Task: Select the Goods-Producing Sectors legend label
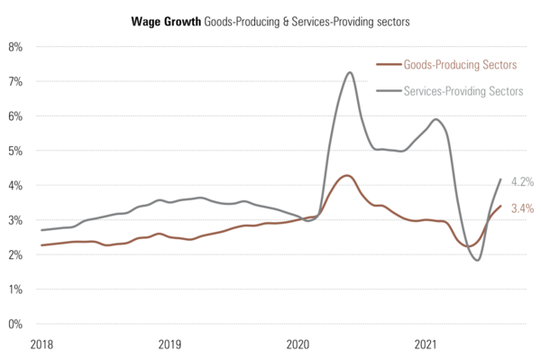coord(460,65)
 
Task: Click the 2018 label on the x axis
coord(41,344)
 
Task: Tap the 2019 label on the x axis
coord(170,344)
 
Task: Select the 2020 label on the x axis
coord(298,344)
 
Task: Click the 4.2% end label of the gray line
coord(522,181)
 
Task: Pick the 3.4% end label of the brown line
coord(522,208)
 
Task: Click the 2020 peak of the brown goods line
coord(346,175)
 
